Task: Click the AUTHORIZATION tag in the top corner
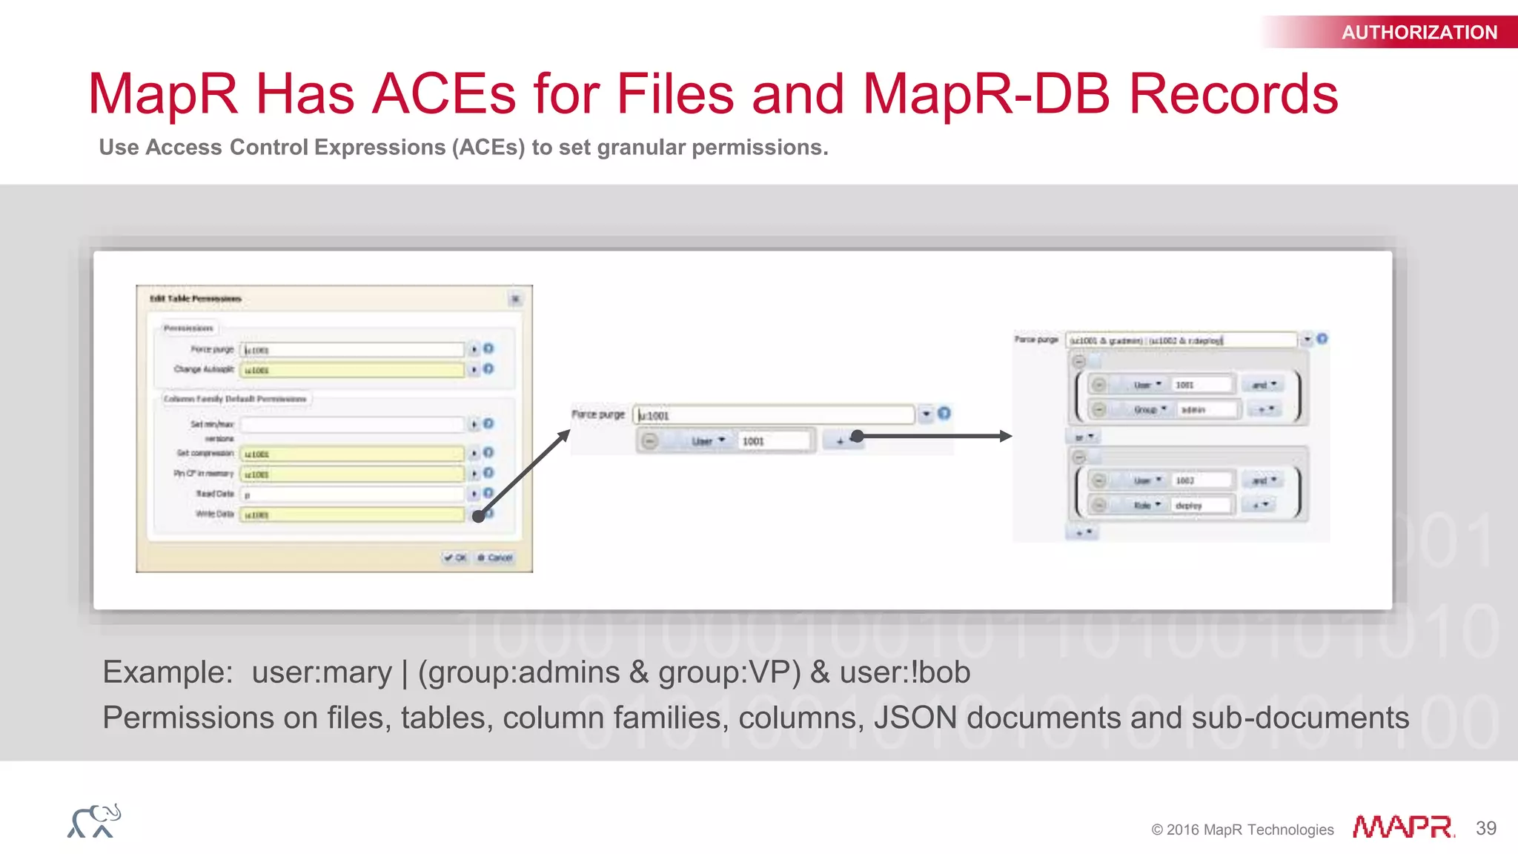coord(1419,33)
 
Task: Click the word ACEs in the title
coord(443,94)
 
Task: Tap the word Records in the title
coord(1233,94)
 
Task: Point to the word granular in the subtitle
coord(640,148)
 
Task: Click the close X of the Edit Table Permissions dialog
coord(515,299)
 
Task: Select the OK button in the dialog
coord(456,557)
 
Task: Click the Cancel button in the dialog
coord(496,557)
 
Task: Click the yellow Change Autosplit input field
coord(352,370)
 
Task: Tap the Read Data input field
coord(352,494)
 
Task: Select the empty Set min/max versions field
coord(352,425)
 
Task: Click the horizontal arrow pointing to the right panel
coord(934,436)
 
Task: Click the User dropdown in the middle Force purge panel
coord(707,441)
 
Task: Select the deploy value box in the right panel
coord(1200,506)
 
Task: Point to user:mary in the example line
coord(321,672)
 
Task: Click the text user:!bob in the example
coord(904,672)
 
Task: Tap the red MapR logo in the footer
coord(1402,827)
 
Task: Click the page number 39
coord(1485,828)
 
